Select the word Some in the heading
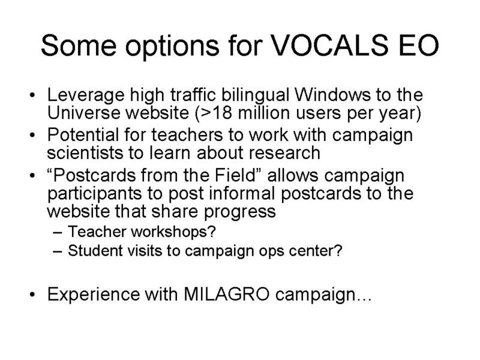(79, 46)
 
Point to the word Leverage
(86, 96)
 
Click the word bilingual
(256, 96)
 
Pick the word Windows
(332, 95)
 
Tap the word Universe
(84, 113)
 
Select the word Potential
(83, 134)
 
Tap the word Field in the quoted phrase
(235, 175)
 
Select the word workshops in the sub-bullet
(173, 232)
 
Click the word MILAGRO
(227, 294)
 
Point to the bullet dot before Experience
(32, 295)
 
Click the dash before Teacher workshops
(58, 232)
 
